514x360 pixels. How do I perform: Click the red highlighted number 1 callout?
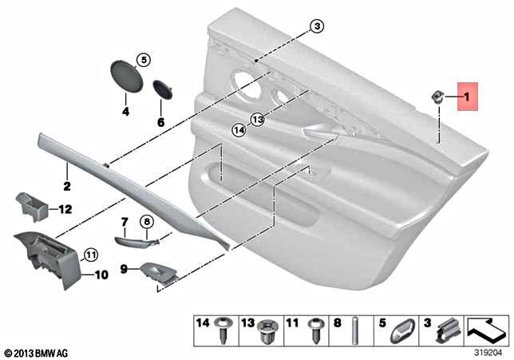(467, 98)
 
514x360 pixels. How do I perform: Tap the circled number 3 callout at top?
(318, 26)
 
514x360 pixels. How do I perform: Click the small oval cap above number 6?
(162, 89)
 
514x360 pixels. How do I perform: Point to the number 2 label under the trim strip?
(66, 187)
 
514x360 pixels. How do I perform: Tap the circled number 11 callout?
(90, 255)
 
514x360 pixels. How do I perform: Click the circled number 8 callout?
(147, 222)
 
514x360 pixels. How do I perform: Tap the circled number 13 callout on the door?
(256, 119)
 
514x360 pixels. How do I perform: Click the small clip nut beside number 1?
(439, 97)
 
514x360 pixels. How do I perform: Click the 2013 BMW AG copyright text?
(38, 352)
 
